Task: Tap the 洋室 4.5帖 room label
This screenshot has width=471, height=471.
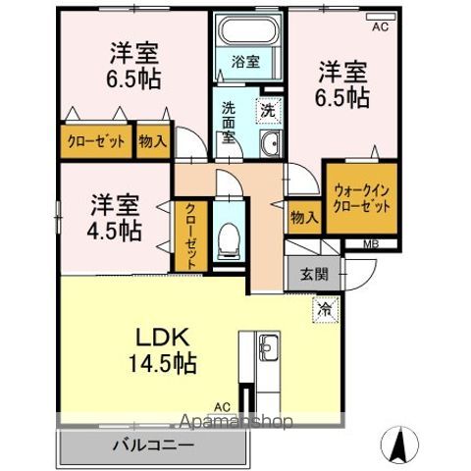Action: [116, 218]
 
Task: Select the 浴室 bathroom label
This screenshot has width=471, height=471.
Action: [245, 61]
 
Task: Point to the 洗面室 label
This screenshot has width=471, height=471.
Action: [229, 122]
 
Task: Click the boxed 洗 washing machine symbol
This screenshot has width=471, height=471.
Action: [267, 111]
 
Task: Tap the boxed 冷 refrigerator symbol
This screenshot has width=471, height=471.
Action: [325, 308]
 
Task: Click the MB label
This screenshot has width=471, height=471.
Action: [372, 244]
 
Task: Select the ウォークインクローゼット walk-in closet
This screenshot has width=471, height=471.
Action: [361, 199]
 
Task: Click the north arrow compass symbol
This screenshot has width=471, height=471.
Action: [398, 446]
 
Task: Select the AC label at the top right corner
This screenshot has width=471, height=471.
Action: [380, 27]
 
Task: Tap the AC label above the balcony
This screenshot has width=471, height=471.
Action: [223, 404]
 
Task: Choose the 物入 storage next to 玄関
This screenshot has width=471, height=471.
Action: [304, 218]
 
